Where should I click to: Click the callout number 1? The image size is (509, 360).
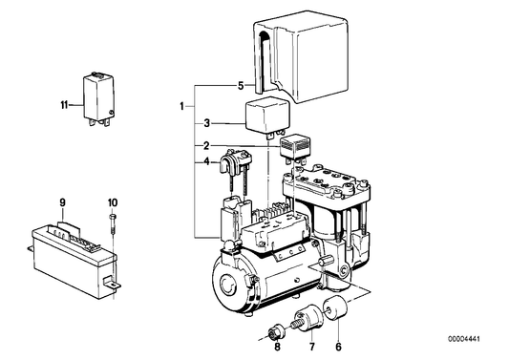182,106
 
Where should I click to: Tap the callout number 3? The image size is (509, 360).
207,124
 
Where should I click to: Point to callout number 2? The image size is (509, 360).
207,146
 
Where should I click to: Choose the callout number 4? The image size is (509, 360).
207,161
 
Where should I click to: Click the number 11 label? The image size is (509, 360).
64,105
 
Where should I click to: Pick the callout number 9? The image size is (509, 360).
62,202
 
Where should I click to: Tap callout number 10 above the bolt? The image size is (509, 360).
113,202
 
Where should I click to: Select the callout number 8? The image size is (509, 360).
277,347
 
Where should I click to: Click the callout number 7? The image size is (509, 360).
311,347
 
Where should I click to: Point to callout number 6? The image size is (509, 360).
339,347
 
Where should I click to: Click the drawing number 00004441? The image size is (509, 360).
464,339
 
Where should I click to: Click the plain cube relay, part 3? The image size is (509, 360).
266,116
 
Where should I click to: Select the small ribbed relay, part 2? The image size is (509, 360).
295,147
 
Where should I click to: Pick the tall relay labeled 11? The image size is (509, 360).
99,98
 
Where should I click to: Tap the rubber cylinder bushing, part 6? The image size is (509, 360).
335,307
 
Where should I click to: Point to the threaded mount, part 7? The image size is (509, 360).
308,318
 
